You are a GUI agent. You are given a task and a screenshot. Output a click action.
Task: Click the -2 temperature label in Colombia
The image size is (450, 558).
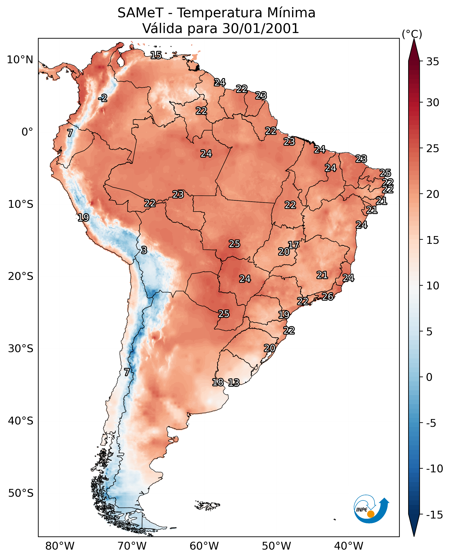click(103, 98)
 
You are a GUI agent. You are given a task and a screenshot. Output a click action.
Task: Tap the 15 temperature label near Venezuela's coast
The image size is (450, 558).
click(156, 55)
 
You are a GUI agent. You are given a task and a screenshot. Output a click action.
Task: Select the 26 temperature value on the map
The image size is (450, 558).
click(328, 296)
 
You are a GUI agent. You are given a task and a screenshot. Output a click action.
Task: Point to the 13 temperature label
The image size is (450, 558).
click(234, 382)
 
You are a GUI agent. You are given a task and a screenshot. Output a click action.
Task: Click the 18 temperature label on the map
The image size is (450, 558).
click(218, 382)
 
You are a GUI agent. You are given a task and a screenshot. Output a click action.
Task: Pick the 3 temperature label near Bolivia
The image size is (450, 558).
click(144, 250)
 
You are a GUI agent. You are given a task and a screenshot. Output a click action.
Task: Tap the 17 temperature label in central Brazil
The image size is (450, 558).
click(294, 245)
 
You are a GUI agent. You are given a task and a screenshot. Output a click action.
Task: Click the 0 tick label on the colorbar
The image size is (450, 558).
click(430, 377)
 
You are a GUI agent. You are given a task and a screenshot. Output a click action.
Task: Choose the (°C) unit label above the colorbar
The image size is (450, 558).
click(412, 34)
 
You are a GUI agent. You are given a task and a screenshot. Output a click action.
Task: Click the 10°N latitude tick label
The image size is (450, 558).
click(20, 60)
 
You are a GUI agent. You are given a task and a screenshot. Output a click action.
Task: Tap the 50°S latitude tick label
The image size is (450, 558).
click(21, 493)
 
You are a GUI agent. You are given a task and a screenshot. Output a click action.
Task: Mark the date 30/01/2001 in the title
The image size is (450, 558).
click(261, 28)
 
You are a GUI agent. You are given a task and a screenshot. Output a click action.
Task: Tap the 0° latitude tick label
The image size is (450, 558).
click(27, 132)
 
